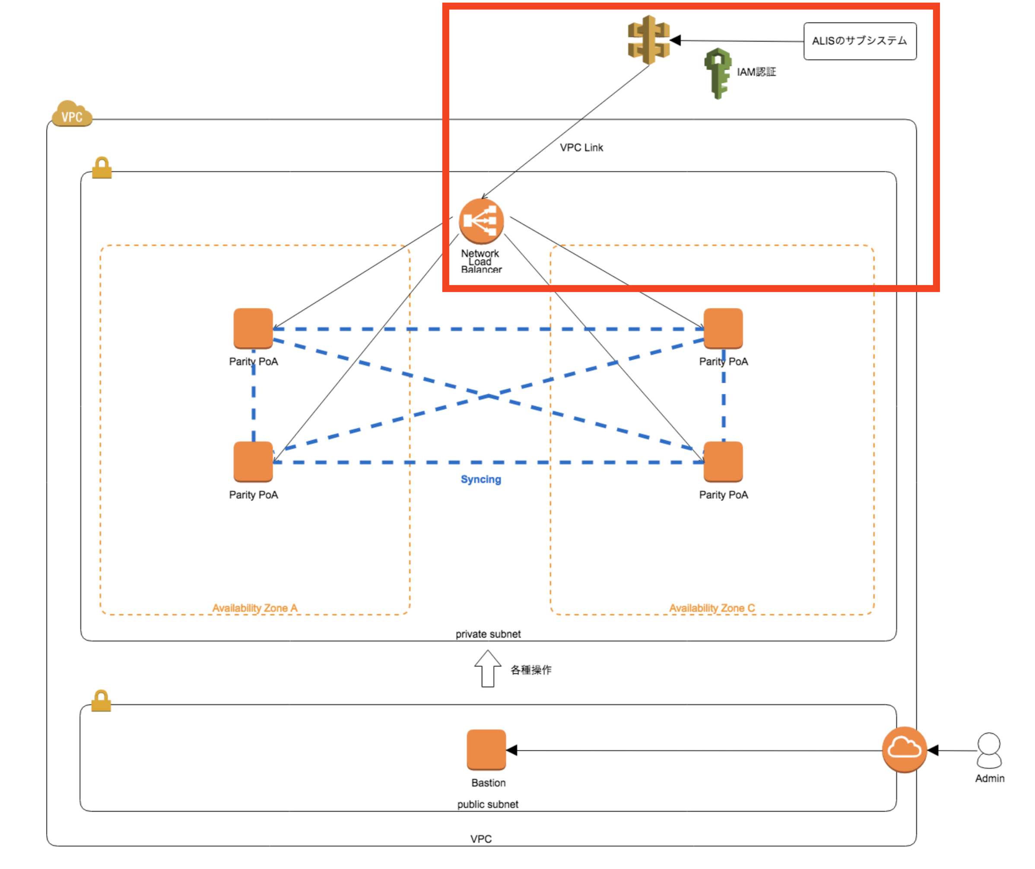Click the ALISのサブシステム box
click(860, 41)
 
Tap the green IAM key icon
click(718, 73)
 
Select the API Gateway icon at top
click(648, 40)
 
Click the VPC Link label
click(581, 147)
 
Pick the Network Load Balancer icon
click(481, 221)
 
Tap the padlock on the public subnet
click(102, 701)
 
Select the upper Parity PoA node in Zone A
click(253, 328)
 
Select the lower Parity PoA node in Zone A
click(253, 461)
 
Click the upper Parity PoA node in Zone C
click(723, 328)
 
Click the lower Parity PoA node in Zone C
click(723, 461)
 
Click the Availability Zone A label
click(255, 608)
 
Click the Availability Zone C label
click(712, 608)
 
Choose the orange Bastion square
click(486, 749)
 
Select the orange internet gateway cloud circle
click(904, 749)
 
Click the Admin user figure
click(989, 750)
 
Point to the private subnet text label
click(488, 634)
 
